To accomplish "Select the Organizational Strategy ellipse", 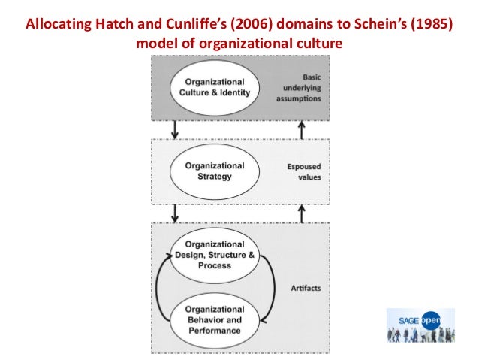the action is point(215,171).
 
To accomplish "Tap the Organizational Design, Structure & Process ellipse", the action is point(215,255).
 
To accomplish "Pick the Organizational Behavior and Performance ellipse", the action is point(215,320).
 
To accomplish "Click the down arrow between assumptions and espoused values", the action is point(176,129).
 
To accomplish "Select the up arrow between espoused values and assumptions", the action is point(301,129).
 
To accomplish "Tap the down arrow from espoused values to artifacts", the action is point(176,213).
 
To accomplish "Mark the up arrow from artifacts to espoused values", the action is point(301,213).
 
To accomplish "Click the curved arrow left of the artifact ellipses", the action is point(161,288).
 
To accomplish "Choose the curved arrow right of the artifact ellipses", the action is point(270,288).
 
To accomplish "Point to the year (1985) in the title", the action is point(429,22).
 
